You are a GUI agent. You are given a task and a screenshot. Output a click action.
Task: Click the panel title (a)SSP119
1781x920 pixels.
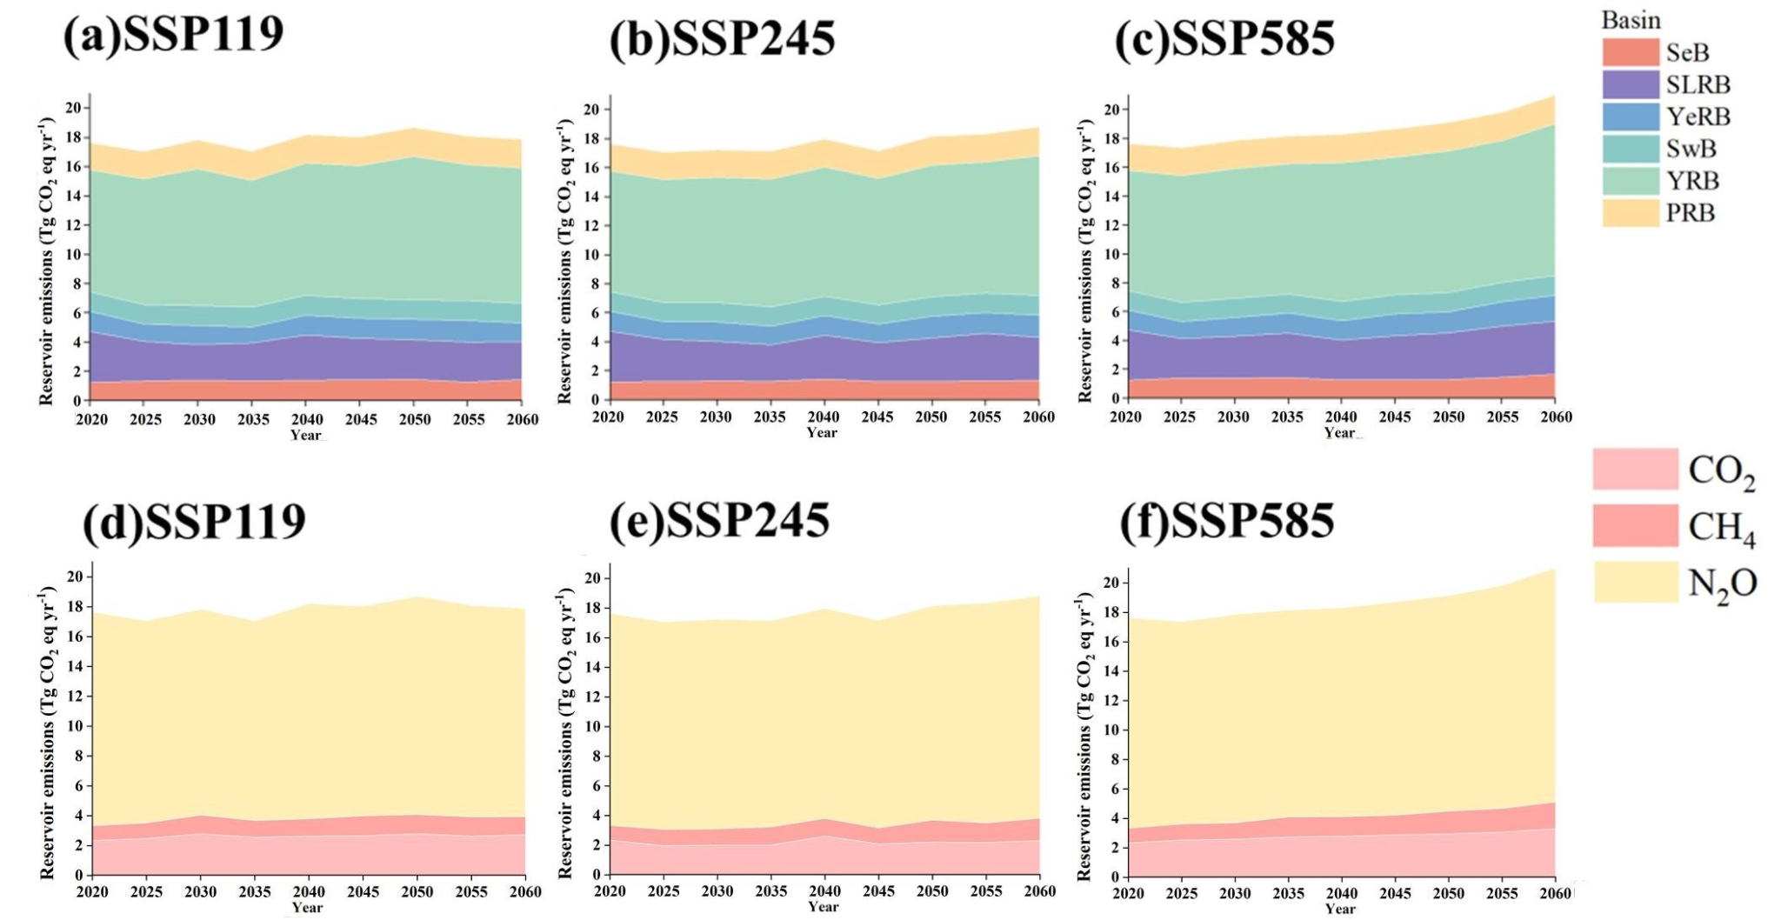pyautogui.click(x=174, y=36)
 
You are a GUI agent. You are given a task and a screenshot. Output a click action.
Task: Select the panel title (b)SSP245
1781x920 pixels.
pyautogui.click(x=722, y=39)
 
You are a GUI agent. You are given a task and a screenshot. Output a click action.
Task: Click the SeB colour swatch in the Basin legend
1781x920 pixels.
pyautogui.click(x=1631, y=52)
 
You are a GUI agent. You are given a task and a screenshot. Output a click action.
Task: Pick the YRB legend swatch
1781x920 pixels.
pyautogui.click(x=1631, y=181)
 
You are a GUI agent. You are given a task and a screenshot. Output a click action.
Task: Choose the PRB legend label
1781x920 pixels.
pyautogui.click(x=1691, y=213)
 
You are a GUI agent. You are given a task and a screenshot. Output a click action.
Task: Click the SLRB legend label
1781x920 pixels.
pyautogui.click(x=1698, y=84)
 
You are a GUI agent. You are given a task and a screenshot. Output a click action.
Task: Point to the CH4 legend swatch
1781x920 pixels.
pyautogui.click(x=1635, y=525)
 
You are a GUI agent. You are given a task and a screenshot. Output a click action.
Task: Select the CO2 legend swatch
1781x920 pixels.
pyautogui.click(x=1635, y=470)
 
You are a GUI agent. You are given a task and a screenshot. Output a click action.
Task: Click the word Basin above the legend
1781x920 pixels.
pyautogui.click(x=1631, y=20)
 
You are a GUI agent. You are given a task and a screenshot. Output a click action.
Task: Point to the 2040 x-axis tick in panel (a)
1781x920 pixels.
pyautogui.click(x=307, y=419)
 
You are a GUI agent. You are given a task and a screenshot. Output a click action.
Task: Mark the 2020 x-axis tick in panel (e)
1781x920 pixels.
pyautogui.click(x=610, y=890)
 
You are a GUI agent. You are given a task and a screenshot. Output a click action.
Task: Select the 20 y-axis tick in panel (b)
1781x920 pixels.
pyautogui.click(x=592, y=110)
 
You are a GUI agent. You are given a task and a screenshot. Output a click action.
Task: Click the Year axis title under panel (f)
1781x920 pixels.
pyautogui.click(x=1340, y=909)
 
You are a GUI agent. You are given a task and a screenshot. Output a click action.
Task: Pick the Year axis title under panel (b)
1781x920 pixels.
pyautogui.click(x=822, y=432)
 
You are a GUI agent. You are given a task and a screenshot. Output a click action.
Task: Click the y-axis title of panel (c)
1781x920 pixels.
pyautogui.click(x=1085, y=261)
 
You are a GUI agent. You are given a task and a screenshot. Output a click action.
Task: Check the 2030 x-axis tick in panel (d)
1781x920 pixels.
pyautogui.click(x=200, y=891)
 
